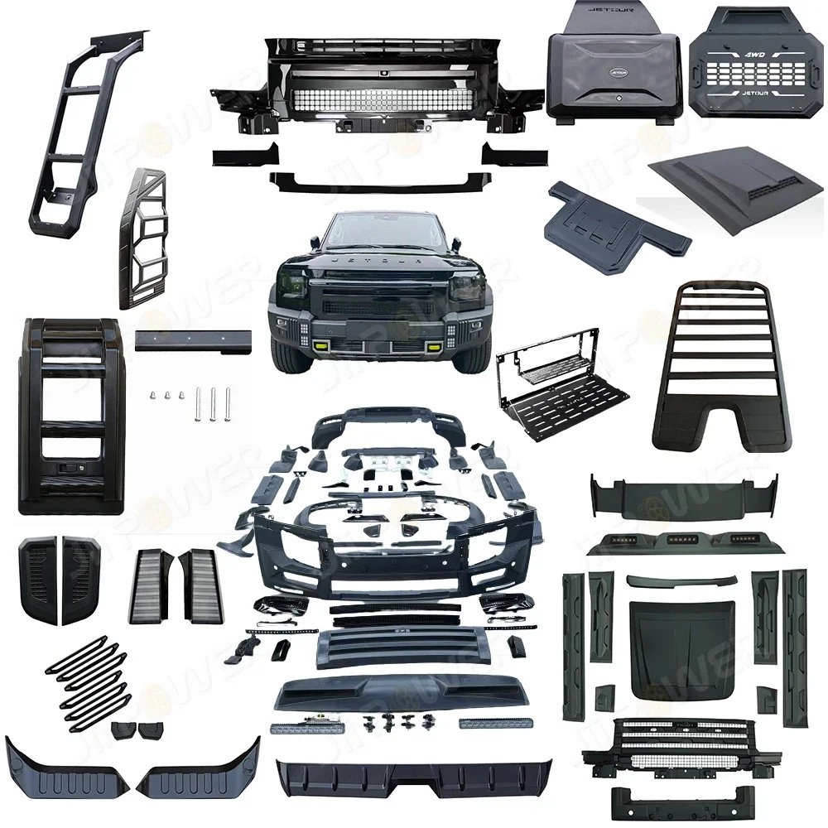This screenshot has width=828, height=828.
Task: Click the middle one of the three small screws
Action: (166, 397)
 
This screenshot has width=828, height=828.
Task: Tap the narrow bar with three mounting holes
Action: (194, 339)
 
